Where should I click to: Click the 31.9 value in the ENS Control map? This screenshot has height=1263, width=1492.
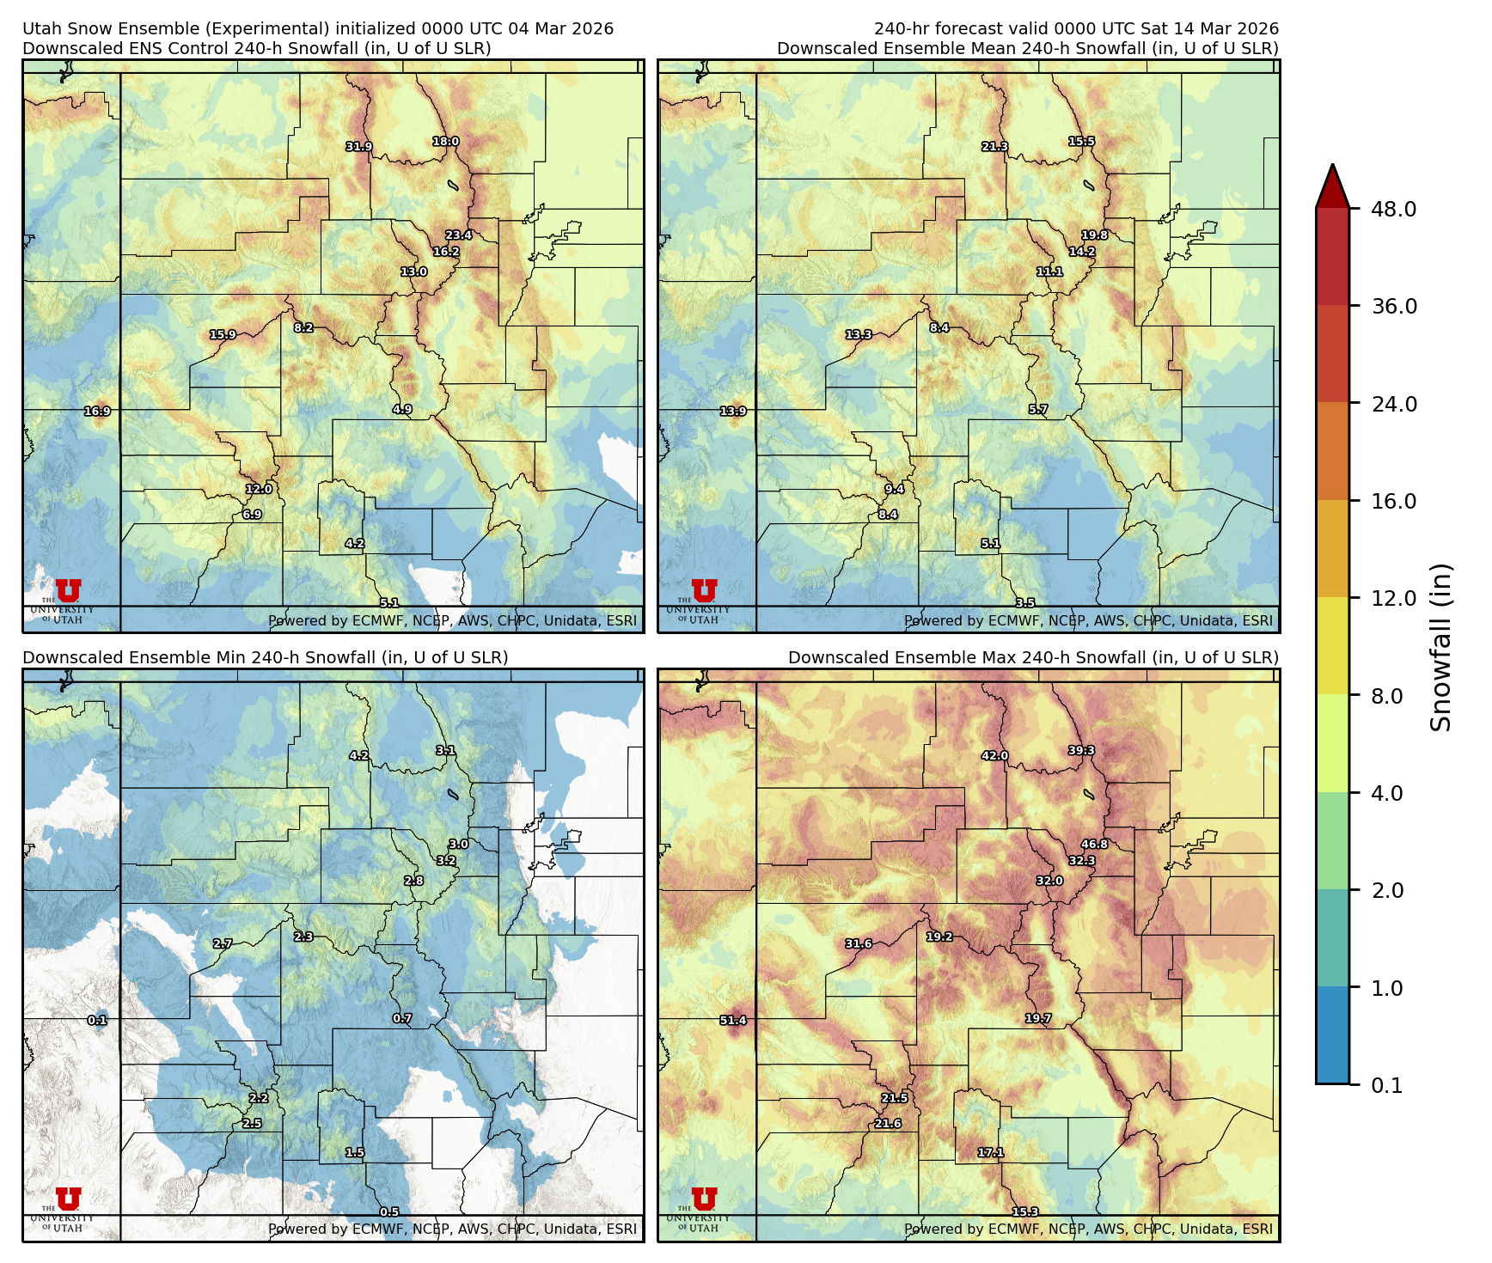[359, 147]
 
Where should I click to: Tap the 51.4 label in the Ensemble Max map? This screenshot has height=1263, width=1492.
[733, 1021]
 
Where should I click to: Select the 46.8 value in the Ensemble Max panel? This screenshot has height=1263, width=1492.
[1094, 845]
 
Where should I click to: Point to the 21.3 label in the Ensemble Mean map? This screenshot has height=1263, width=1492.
[995, 147]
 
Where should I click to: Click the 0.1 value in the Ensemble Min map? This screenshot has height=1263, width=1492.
[97, 1021]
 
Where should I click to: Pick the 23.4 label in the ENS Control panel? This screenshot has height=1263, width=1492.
[458, 235]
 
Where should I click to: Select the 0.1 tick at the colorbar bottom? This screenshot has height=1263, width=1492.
[1385, 1086]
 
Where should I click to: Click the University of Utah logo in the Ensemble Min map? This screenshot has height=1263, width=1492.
[68, 1208]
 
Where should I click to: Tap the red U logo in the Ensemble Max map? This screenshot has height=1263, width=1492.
[704, 1198]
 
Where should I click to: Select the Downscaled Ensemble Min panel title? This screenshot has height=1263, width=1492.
[265, 658]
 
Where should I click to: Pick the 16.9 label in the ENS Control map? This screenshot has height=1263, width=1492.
[97, 412]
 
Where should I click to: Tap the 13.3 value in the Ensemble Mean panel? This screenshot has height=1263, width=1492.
[858, 335]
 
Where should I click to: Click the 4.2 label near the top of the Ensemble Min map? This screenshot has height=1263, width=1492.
[358, 756]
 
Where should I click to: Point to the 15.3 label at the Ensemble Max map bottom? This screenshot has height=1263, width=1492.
[1024, 1212]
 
